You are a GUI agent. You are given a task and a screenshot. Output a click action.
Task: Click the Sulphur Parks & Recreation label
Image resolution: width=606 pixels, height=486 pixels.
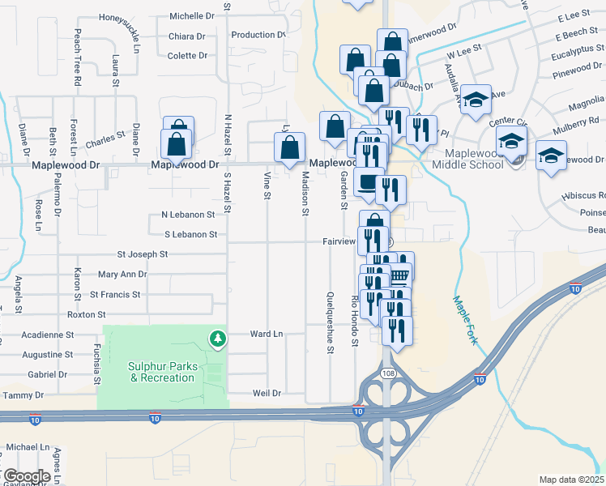163,372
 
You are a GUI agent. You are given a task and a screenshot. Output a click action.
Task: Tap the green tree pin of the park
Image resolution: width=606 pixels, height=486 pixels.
216,338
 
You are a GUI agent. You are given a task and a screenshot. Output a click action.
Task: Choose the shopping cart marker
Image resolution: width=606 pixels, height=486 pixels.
399,275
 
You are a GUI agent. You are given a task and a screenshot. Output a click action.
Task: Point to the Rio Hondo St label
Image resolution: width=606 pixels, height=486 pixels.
354,322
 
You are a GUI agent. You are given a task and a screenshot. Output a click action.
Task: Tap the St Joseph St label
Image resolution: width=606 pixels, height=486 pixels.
142,254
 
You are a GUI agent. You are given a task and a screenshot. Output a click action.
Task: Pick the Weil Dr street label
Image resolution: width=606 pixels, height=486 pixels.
266,393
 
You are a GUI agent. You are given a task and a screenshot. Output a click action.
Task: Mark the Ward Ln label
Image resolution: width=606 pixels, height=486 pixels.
266,334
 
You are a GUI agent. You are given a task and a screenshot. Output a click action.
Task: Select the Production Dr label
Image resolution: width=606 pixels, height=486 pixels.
258,35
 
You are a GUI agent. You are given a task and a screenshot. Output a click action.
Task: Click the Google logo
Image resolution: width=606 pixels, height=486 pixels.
27,476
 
